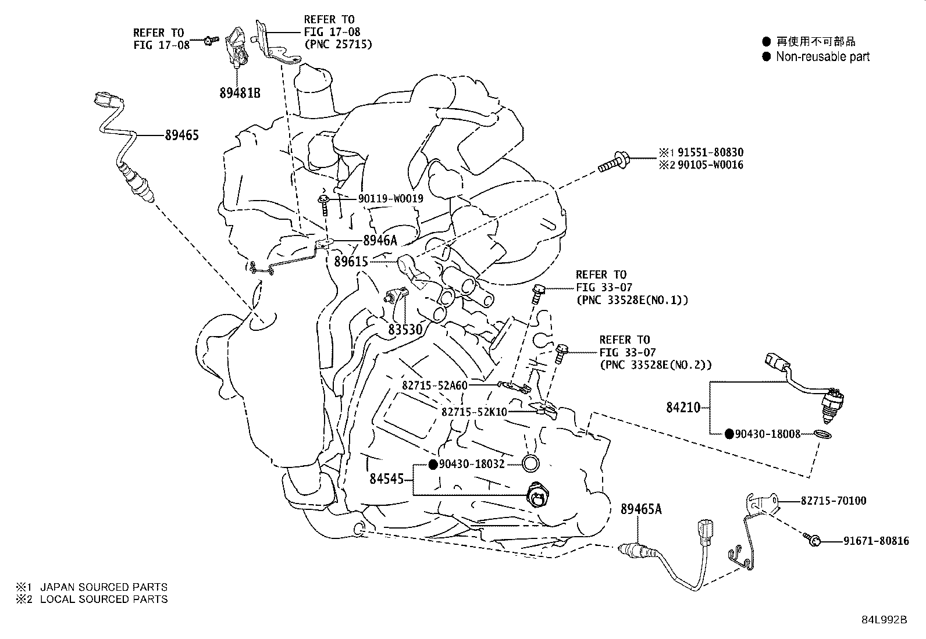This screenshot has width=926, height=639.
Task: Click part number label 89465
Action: pyautogui.click(x=181, y=135)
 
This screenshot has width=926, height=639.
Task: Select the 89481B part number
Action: pyautogui.click(x=240, y=92)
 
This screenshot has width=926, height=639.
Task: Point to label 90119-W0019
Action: pyautogui.click(x=390, y=199)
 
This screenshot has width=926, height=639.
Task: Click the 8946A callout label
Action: pyautogui.click(x=380, y=241)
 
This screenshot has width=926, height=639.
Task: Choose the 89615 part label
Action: pyautogui.click(x=351, y=262)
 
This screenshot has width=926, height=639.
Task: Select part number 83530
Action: pyautogui.click(x=405, y=330)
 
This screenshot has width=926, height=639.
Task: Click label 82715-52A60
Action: pyautogui.click(x=434, y=385)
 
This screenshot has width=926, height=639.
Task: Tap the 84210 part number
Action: pyautogui.click(x=683, y=408)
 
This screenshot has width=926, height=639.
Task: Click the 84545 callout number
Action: pyautogui.click(x=386, y=479)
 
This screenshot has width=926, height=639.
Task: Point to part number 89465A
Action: pyautogui.click(x=641, y=509)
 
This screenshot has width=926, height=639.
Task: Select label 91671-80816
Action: pyautogui.click(x=876, y=541)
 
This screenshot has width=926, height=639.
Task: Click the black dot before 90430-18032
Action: pyautogui.click(x=433, y=464)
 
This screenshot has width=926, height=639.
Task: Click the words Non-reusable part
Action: pyautogui.click(x=822, y=57)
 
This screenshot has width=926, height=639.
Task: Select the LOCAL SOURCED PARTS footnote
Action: pyautogui.click(x=104, y=599)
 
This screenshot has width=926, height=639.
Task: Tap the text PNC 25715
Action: pyautogui.click(x=338, y=44)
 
